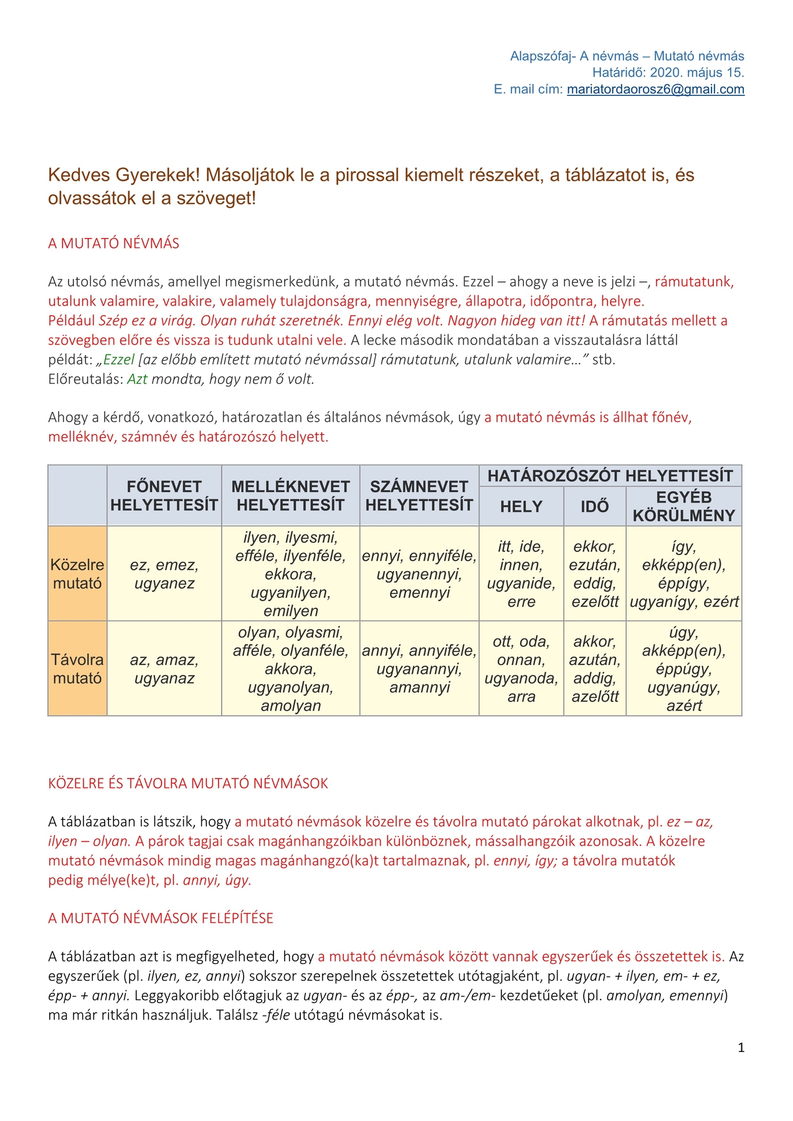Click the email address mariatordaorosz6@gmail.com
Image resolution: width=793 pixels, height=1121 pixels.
coord(655,89)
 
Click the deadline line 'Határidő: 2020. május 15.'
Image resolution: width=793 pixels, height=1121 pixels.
coord(668,73)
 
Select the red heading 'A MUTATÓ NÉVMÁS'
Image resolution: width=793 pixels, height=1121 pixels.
coord(113,244)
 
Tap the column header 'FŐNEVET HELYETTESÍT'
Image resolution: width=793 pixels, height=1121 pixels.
coord(164,496)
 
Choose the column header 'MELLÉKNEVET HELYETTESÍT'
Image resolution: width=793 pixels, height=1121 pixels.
coord(290,496)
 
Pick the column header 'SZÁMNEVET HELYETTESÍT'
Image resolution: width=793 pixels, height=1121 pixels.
coord(419,496)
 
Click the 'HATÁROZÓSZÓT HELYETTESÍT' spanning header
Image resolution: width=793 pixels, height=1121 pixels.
coord(610,476)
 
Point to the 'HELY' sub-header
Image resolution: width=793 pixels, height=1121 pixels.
coord(521,506)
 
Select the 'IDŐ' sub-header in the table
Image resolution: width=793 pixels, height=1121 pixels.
coord(595,506)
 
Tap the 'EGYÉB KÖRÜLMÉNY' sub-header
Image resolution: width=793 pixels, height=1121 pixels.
coord(684,506)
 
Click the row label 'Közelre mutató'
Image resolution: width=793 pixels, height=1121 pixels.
coord(77,574)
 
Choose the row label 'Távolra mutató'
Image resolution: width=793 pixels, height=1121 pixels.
coord(77,668)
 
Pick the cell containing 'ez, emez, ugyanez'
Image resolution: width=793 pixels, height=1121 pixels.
coord(164,574)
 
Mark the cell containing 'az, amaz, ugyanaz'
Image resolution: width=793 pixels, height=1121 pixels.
coord(164,668)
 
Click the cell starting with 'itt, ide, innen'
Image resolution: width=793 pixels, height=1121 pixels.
coord(521,574)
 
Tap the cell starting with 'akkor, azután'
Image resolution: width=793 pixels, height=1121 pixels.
coord(595,668)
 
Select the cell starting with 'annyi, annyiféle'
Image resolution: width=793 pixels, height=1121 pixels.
coord(419,668)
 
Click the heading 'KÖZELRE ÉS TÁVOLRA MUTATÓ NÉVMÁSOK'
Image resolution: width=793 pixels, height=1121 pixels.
coord(188,783)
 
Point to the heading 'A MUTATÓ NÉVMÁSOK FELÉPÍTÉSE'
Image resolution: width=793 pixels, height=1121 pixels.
coord(161,918)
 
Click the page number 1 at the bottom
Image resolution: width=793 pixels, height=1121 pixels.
coord(741,1048)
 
